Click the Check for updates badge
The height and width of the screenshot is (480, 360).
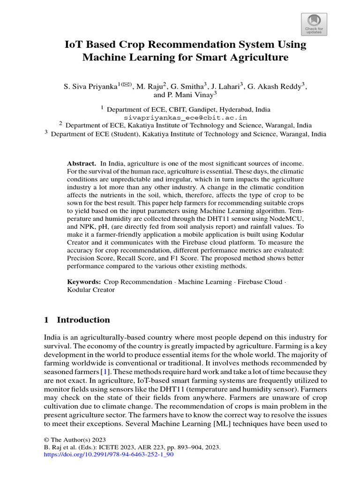click(x=314, y=24)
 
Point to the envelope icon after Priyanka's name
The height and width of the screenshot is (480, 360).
click(x=126, y=84)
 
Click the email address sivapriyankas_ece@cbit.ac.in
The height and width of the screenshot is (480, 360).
click(x=185, y=117)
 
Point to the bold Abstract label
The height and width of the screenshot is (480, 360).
click(x=82, y=163)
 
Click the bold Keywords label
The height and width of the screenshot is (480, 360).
click(x=84, y=282)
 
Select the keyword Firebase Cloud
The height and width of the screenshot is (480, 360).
click(x=260, y=282)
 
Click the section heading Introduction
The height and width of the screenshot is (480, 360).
click(x=83, y=320)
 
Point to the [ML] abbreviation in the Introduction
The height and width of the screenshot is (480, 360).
click(x=223, y=423)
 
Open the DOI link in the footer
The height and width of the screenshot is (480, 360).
click(x=109, y=454)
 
